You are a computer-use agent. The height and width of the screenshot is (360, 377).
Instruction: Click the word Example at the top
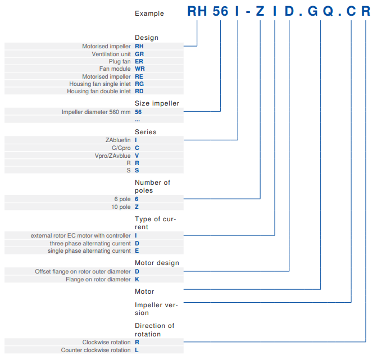click(149, 13)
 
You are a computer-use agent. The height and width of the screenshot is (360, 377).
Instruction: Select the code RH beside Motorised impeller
click(140, 46)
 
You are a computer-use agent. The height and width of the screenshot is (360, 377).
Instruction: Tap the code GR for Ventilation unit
click(140, 54)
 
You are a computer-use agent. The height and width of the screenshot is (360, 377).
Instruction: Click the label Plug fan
click(120, 61)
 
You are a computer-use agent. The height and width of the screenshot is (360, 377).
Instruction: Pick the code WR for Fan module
click(140, 69)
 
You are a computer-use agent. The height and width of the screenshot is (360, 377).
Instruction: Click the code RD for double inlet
click(139, 91)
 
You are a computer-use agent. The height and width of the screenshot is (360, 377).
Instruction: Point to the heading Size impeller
click(157, 103)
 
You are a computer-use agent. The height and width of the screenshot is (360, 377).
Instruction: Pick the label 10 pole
click(121, 207)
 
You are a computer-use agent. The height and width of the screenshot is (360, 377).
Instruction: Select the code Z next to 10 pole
click(137, 207)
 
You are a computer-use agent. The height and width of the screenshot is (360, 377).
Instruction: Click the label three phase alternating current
click(90, 243)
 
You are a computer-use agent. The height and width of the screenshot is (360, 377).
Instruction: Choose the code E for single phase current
click(137, 250)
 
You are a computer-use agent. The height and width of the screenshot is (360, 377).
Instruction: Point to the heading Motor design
click(157, 263)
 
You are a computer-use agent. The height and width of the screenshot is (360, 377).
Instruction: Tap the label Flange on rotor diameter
click(98, 279)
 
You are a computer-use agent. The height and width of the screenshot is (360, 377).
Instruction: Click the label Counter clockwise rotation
click(96, 350)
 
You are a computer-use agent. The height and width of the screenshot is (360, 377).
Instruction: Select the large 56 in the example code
click(221, 12)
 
